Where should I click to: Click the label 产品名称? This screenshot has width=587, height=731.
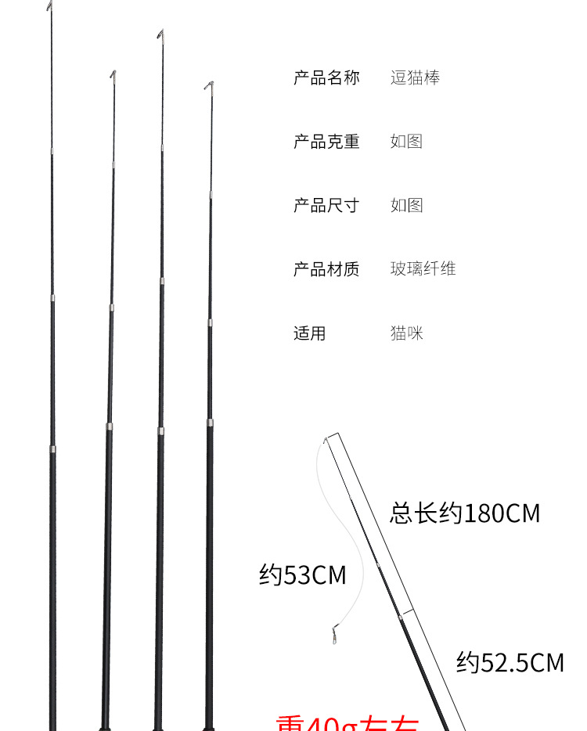326,77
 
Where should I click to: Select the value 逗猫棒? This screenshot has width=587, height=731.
415,77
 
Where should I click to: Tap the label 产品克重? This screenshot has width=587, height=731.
326,142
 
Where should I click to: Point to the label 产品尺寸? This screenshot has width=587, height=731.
326,205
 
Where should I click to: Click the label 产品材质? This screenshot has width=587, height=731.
326,269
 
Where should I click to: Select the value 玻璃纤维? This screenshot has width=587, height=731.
423,269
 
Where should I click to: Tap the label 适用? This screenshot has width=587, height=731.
309,333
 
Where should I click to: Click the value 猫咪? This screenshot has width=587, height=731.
407,333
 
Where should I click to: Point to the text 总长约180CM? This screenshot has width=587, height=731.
465,513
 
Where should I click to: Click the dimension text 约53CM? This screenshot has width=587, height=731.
302,575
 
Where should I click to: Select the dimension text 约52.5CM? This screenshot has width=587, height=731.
510,663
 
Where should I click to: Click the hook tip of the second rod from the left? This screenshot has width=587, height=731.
113,74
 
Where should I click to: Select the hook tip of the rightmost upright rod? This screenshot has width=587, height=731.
209,84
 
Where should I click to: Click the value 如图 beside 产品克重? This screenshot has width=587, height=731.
406,142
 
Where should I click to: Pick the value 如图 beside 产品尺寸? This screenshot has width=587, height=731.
406,205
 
